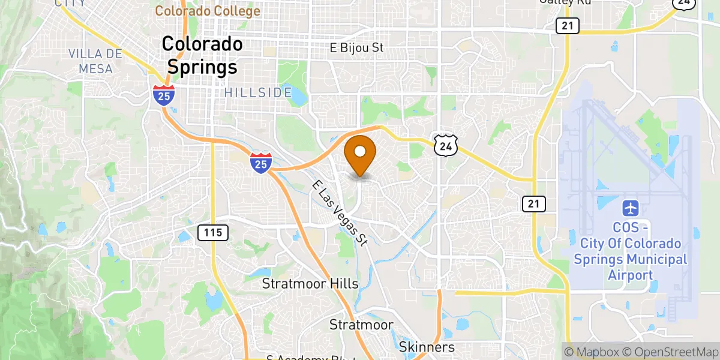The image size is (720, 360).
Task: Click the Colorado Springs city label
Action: click(x=202, y=56)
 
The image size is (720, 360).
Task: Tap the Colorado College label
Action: click(x=208, y=11)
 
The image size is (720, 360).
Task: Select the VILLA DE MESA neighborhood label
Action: click(x=95, y=61)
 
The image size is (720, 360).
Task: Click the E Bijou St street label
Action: click(x=356, y=47)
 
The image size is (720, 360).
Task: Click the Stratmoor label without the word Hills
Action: click(x=361, y=325)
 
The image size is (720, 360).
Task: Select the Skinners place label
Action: click(x=427, y=347)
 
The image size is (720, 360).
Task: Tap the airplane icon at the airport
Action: click(x=630, y=209)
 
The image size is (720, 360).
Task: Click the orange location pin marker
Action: click(x=361, y=154)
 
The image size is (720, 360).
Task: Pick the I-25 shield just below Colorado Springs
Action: click(x=163, y=95)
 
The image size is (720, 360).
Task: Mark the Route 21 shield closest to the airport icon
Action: click(x=533, y=204)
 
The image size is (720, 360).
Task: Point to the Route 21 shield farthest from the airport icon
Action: click(x=567, y=26)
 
